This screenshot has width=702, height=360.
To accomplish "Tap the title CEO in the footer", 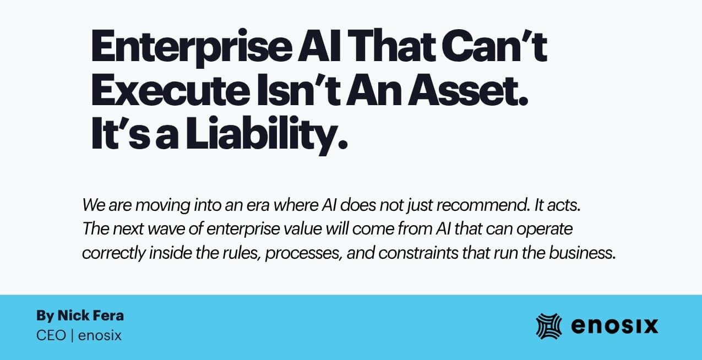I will [x=51, y=335].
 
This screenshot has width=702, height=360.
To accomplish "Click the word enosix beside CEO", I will [x=100, y=335].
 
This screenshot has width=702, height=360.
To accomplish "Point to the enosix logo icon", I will [x=548, y=325].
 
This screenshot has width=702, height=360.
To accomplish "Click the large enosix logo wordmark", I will [x=614, y=326].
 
